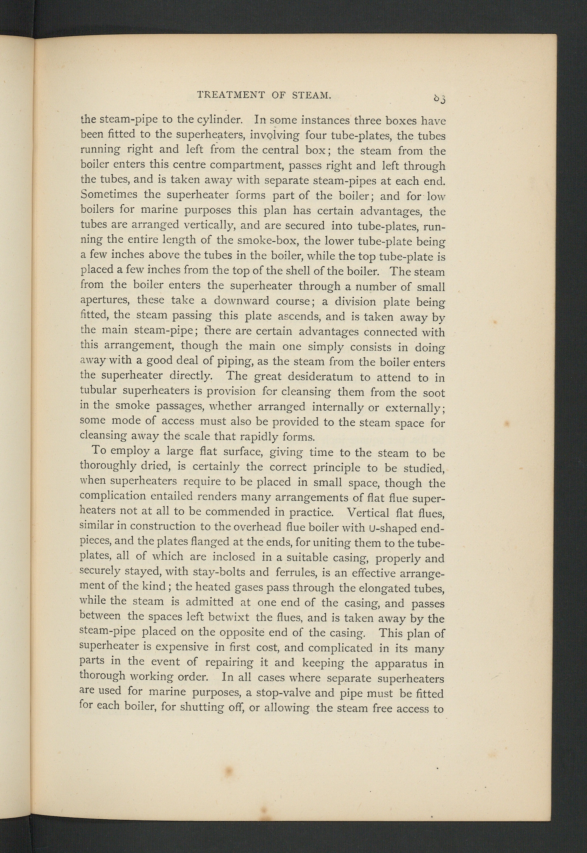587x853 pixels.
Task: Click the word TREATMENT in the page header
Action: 231,95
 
